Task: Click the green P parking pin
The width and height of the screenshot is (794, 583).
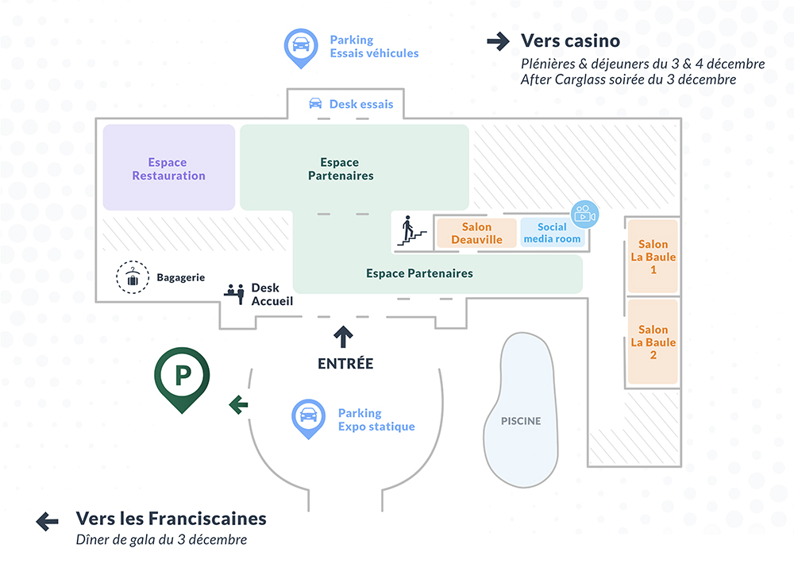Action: pos(182,376)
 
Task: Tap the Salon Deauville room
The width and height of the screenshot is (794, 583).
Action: pos(476,233)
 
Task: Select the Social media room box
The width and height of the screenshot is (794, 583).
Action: pos(552,233)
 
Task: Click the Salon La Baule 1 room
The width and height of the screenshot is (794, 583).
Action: pos(653,257)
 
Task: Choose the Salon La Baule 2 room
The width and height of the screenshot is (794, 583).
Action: pos(653,342)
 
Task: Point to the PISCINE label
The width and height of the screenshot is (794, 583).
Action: pos(521,421)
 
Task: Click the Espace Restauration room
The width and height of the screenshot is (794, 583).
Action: pos(168,168)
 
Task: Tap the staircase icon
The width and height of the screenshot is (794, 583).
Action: pos(410,230)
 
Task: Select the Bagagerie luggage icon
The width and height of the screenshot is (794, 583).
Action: pos(132,277)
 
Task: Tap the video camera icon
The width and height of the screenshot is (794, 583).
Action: pos(584,214)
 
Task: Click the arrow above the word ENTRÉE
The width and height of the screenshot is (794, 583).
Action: pos(344,337)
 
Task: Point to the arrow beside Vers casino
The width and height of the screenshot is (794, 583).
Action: pos(498,41)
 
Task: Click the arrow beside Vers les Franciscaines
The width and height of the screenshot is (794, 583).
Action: pos(48,521)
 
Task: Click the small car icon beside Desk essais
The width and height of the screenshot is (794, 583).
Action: pos(316,104)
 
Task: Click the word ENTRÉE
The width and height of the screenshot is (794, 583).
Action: pos(345,364)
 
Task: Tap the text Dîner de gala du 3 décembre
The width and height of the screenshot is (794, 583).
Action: pos(161,540)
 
